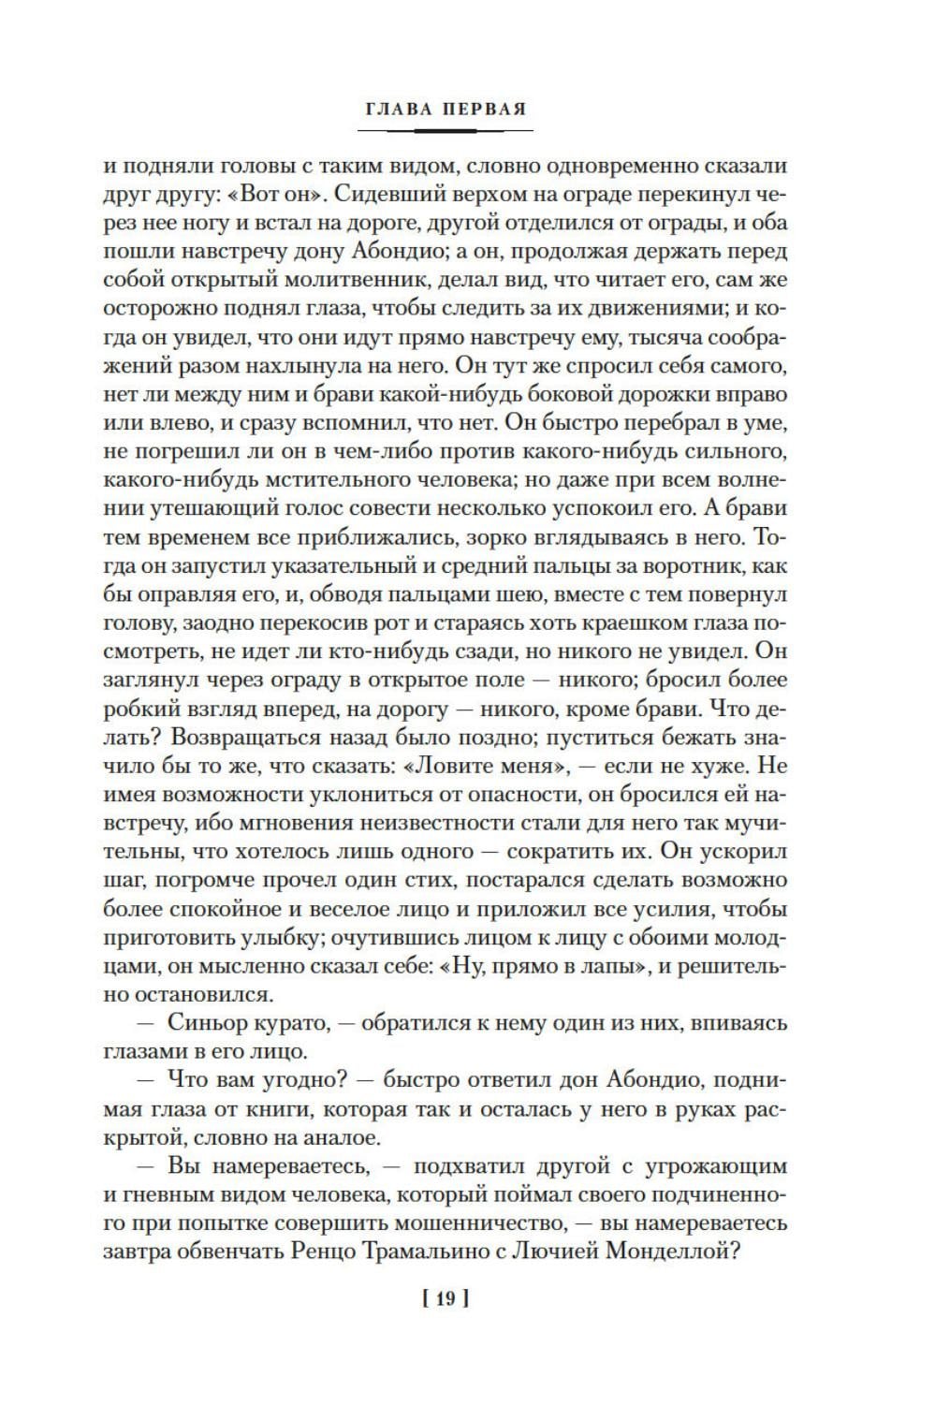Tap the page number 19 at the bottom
(446, 1297)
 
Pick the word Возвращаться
(255, 737)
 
